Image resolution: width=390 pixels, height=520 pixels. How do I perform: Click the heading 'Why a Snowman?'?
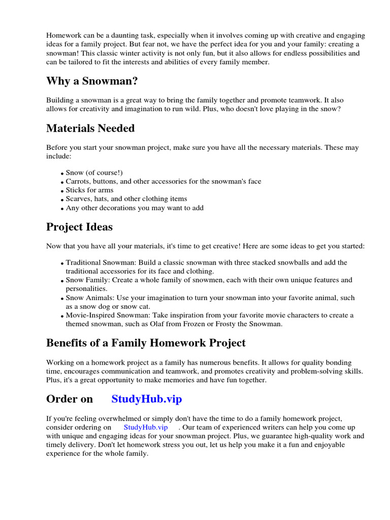click(92, 81)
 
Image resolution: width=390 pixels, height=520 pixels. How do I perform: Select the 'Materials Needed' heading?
click(90, 128)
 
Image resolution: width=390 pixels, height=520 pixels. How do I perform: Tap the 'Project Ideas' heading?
click(79, 226)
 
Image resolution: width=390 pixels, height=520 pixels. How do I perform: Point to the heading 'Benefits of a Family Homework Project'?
click(146, 343)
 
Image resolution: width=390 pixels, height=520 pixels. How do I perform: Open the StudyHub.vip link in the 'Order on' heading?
click(146, 399)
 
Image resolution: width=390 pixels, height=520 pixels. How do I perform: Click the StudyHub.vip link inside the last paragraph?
click(145, 427)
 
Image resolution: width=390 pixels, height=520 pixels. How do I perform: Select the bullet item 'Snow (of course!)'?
click(94, 173)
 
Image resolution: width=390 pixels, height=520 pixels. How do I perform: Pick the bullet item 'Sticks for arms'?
click(89, 190)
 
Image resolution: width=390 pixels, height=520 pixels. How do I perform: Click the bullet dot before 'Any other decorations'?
click(62, 209)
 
